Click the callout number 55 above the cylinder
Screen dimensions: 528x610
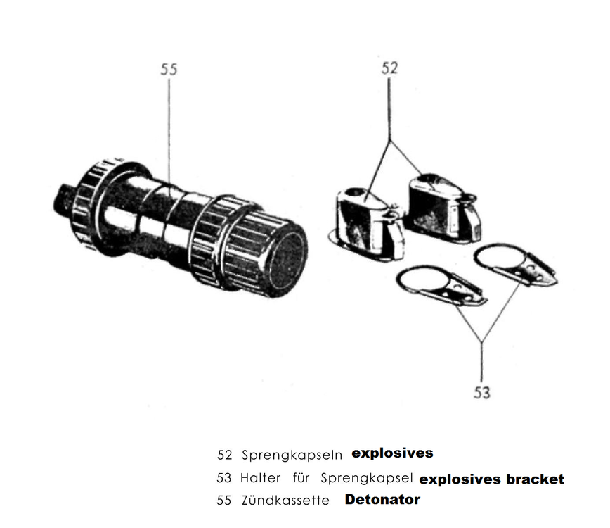coord(169,69)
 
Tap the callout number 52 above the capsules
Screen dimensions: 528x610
coord(389,68)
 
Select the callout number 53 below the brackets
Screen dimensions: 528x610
coord(481,392)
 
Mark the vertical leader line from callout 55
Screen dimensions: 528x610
coord(169,127)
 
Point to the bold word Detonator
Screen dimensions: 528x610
coord(382,500)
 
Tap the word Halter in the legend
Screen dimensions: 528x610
coord(260,478)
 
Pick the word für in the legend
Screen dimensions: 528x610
coord(301,478)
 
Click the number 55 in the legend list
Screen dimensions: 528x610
coord(224,501)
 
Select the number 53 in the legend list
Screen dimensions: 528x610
coord(224,478)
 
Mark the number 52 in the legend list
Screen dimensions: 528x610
coord(224,455)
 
